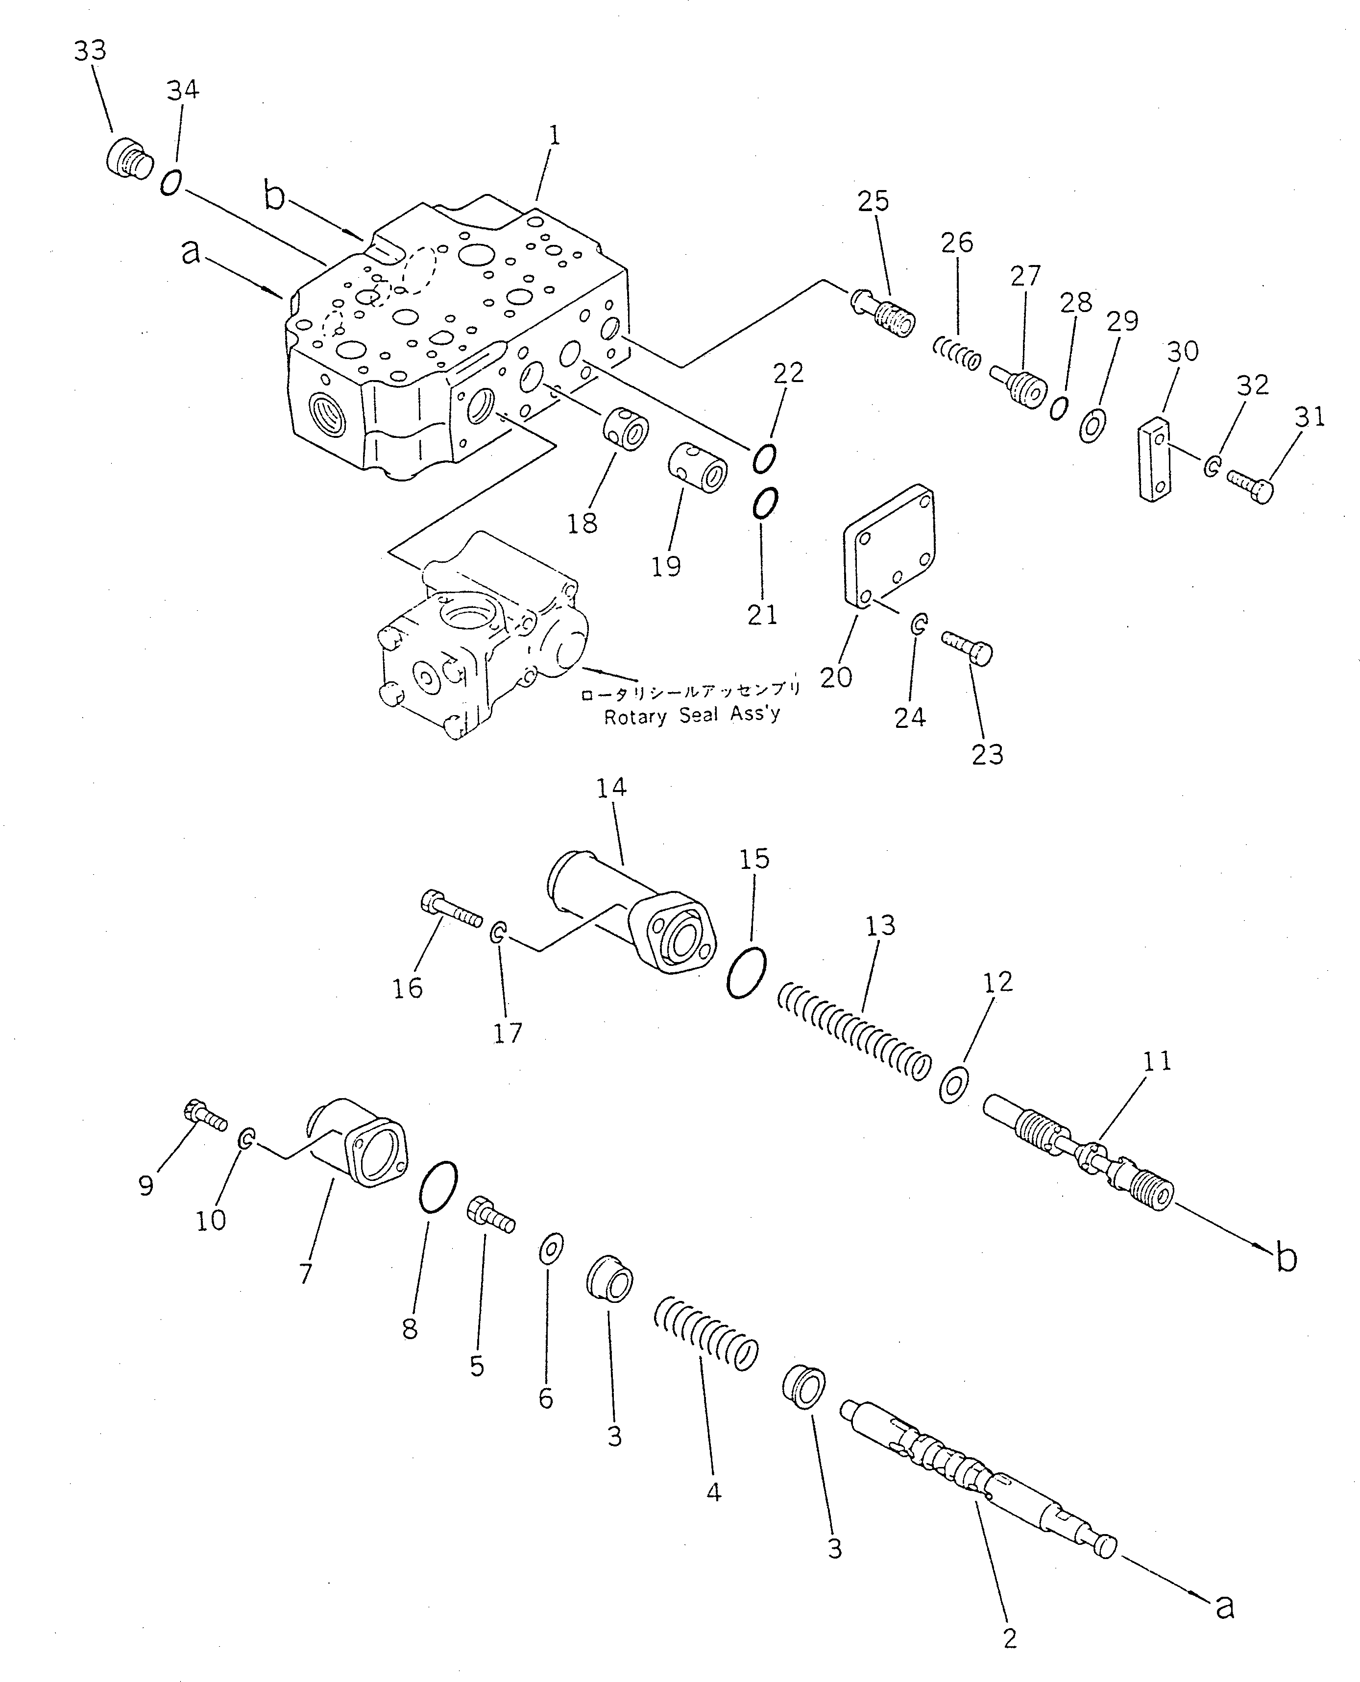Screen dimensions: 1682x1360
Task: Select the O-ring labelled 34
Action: pos(171,182)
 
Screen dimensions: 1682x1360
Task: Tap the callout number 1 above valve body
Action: pos(554,136)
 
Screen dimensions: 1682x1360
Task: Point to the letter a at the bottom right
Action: pos(1224,1607)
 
